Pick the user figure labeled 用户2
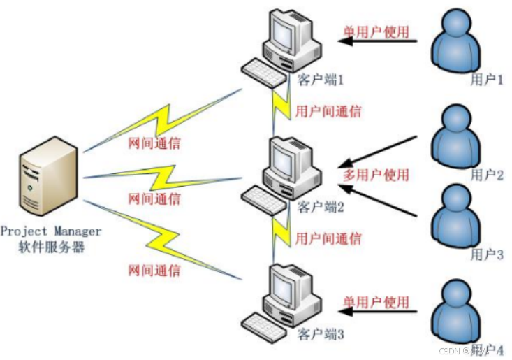pos(458,137)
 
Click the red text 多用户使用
pos(376,175)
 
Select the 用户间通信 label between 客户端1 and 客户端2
pos(328,111)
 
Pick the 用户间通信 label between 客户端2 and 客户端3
pos(328,238)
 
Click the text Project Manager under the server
pos(51,231)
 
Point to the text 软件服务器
pos(51,246)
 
